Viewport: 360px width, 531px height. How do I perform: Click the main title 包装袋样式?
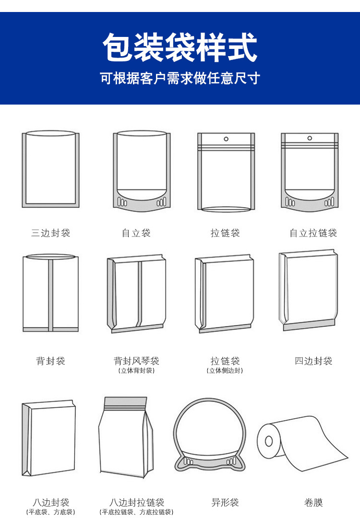[180, 47]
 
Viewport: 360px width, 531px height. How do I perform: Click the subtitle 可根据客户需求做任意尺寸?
[180, 78]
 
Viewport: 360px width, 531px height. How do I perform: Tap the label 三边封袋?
[50, 233]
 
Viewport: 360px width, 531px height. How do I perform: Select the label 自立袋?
[136, 233]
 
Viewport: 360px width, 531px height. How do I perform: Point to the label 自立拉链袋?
[313, 233]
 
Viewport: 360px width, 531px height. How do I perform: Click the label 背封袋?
[50, 361]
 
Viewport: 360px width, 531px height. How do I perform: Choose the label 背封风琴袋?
[136, 361]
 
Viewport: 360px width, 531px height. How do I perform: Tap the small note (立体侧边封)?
[225, 371]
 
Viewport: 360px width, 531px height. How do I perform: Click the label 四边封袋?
[313, 361]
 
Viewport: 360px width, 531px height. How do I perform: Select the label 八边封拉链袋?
[136, 502]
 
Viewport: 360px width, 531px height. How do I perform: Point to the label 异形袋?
[225, 502]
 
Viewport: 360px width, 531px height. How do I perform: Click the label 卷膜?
[313, 502]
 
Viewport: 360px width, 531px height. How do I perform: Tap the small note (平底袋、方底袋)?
[50, 512]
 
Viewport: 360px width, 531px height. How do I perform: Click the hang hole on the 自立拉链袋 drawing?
[310, 138]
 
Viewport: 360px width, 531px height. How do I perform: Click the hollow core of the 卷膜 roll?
[269, 440]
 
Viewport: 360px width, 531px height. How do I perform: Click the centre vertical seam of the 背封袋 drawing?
[50, 294]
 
